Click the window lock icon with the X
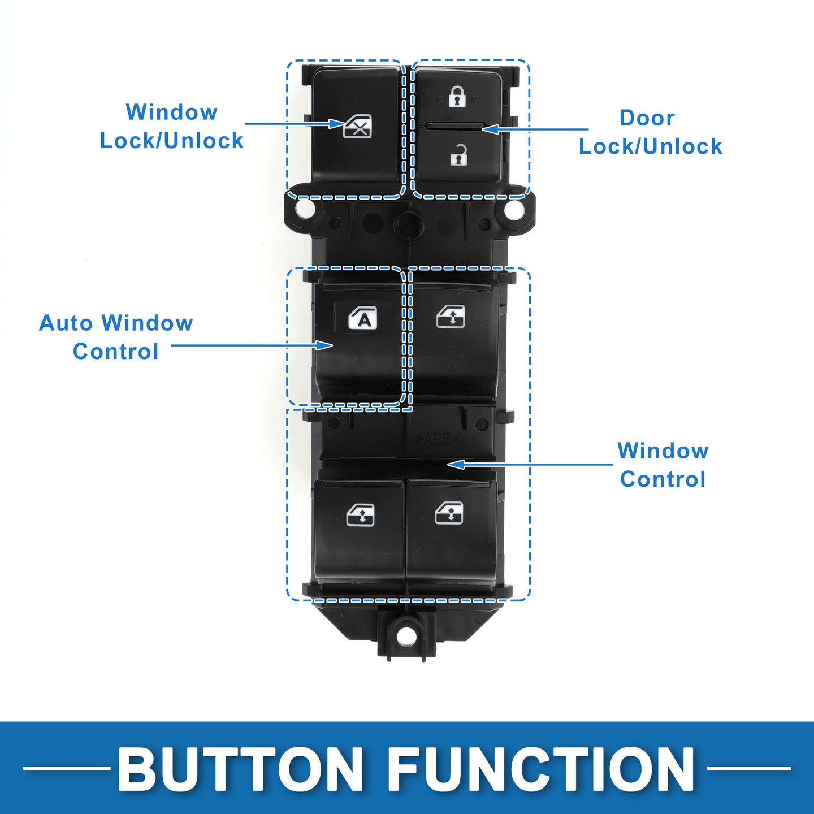[357, 127]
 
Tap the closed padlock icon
[457, 96]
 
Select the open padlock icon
[459, 154]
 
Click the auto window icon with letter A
[362, 318]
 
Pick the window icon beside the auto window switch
[451, 317]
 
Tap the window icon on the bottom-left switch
[360, 516]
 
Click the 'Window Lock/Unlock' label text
[171, 126]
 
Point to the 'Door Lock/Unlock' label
[650, 132]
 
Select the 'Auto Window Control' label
[116, 337]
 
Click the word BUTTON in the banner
[241, 768]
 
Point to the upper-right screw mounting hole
[513, 209]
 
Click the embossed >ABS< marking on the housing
[438, 439]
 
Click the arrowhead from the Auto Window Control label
[324, 345]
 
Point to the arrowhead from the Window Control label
[456, 465]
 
